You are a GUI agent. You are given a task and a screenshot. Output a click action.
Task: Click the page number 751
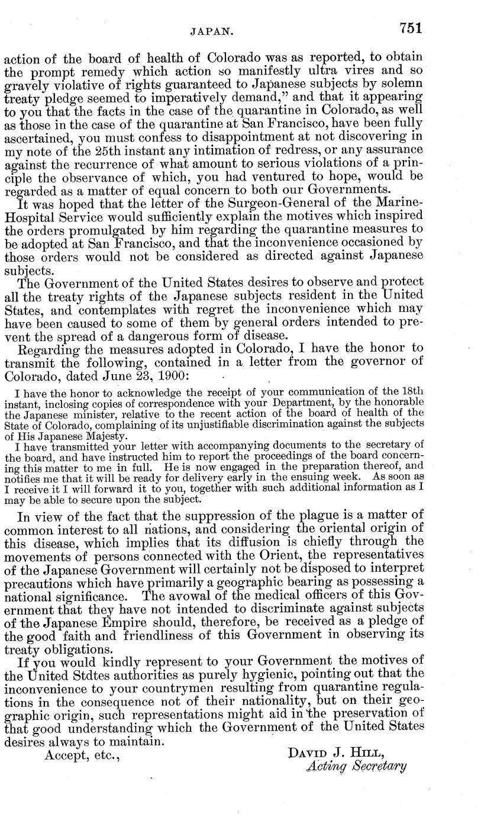click(411, 28)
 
